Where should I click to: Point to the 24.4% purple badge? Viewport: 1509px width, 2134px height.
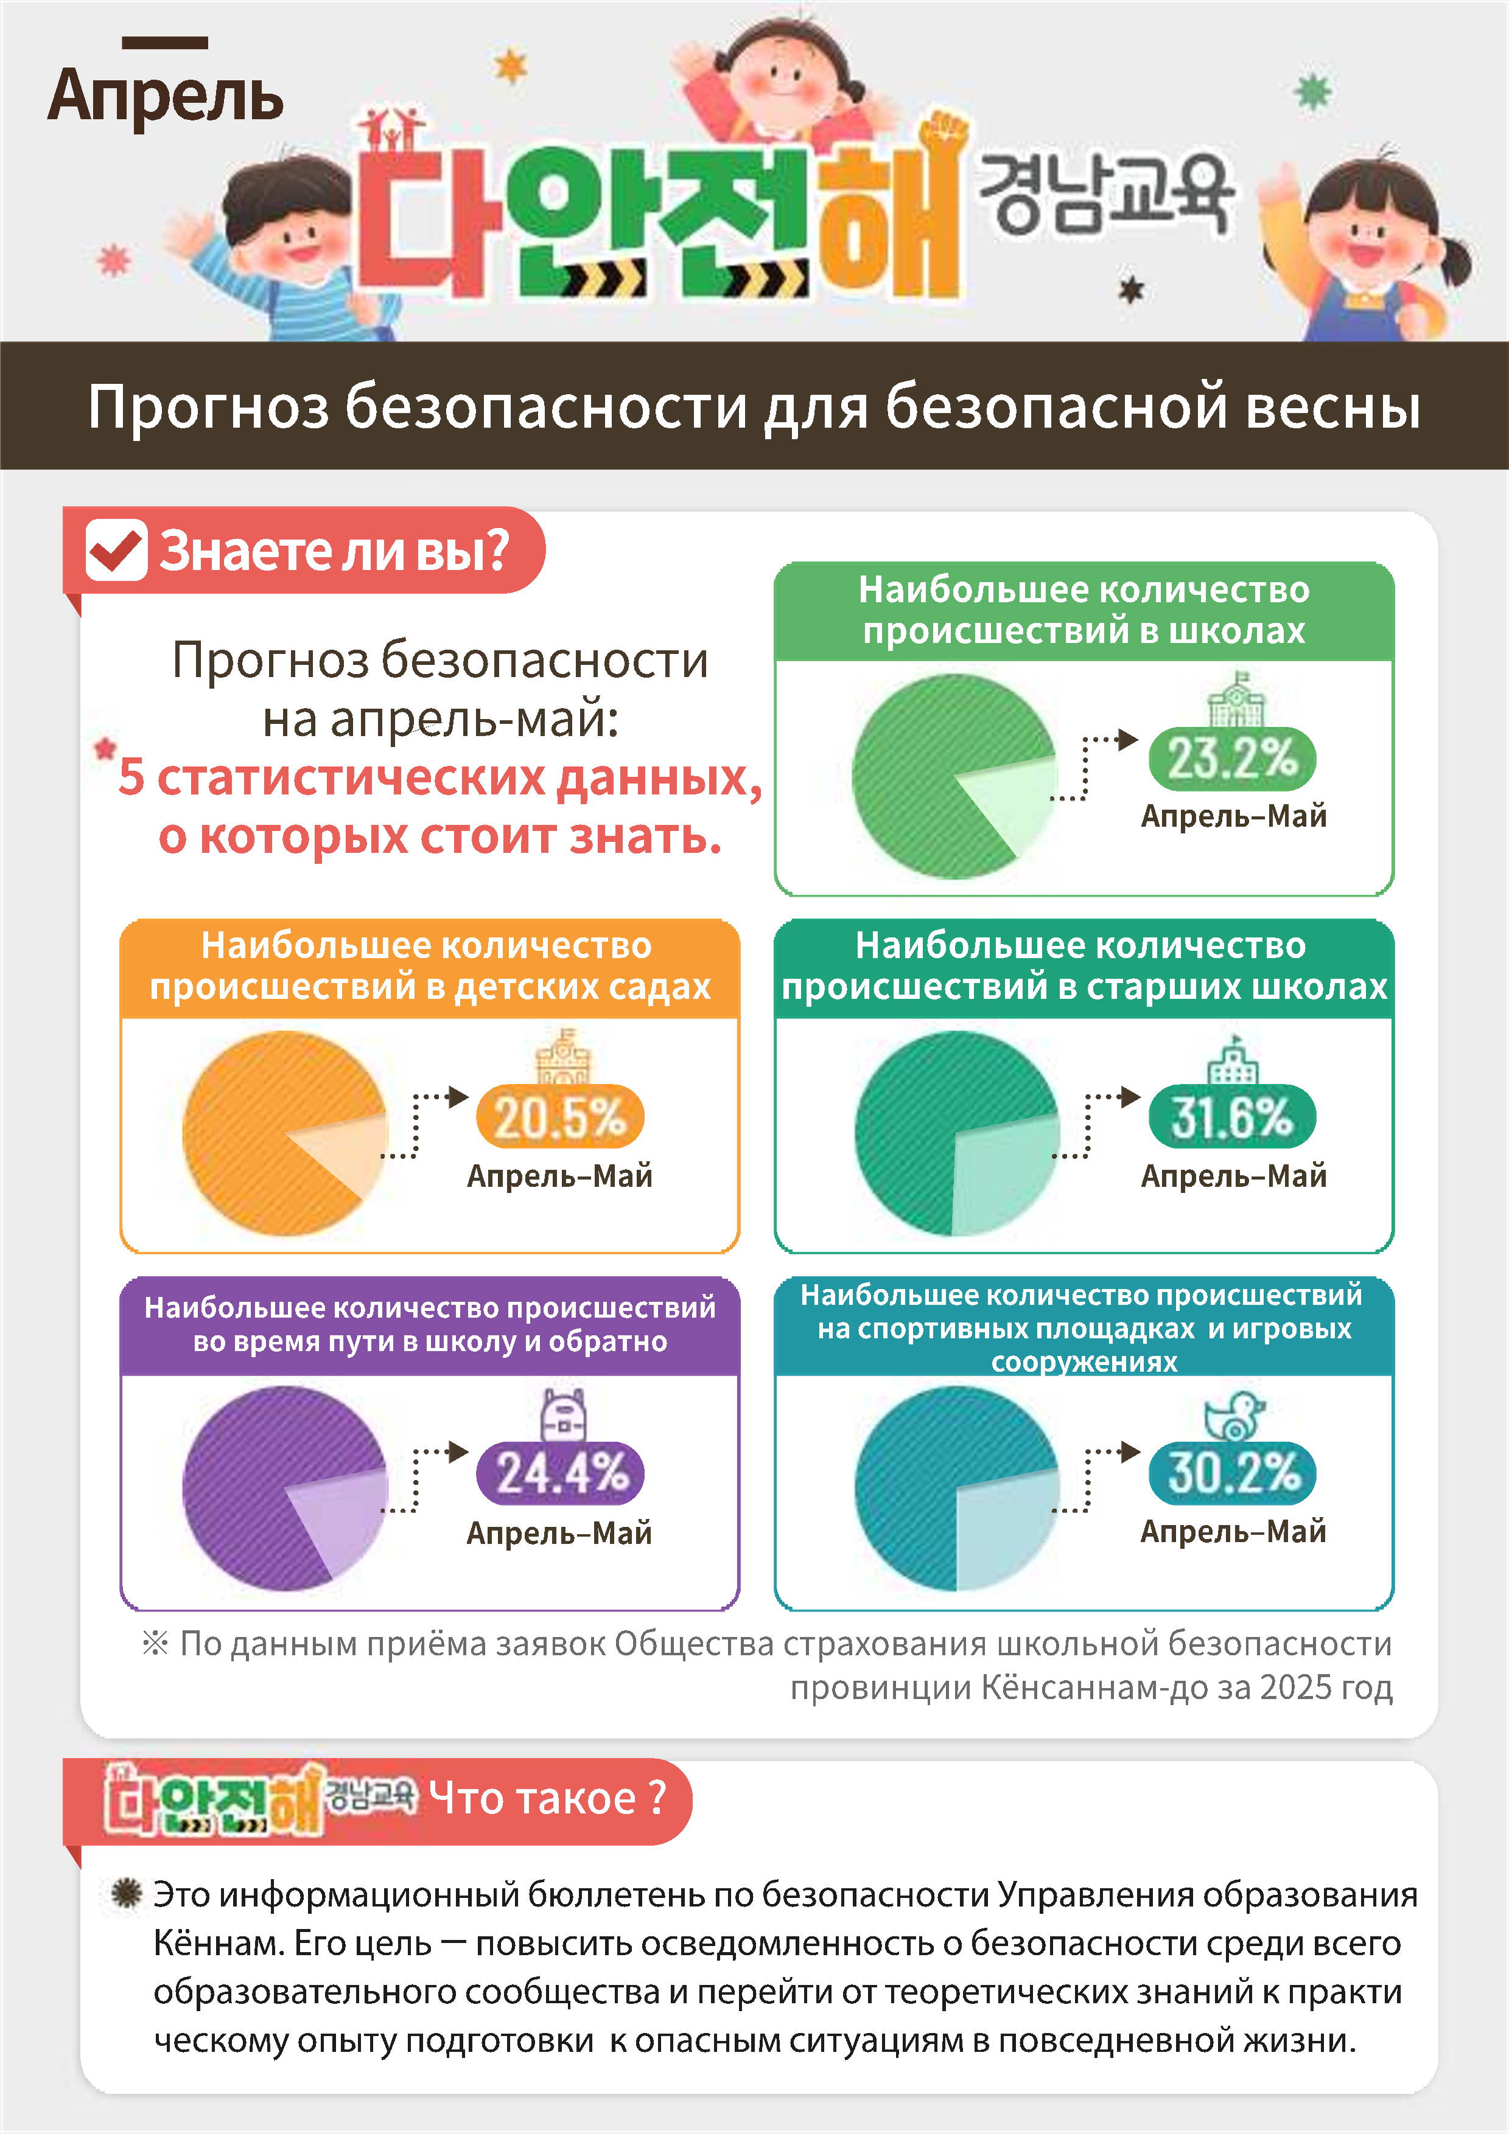coord(561,1473)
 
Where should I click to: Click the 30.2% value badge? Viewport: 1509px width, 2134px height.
coord(1232,1473)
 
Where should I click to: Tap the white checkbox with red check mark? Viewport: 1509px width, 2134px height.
coord(116,551)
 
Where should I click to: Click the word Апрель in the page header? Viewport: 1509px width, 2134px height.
coord(166,97)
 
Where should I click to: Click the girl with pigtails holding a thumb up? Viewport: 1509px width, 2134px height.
coord(1367,246)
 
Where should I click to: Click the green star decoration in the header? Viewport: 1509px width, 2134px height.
coord(1313,91)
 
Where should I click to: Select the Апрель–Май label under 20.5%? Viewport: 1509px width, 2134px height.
coord(560,1176)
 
